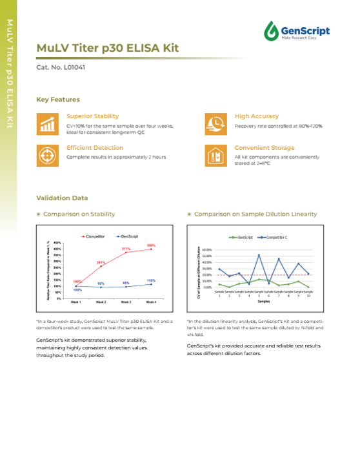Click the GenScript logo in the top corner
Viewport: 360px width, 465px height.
(296, 30)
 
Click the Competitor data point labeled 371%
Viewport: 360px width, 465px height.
(126, 253)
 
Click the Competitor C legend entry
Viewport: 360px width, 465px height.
(274, 238)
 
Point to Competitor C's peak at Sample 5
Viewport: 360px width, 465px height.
(259, 254)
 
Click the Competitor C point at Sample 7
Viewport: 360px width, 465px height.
(279, 259)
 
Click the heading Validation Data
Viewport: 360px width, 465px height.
(62, 198)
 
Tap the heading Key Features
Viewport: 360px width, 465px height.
(58, 99)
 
